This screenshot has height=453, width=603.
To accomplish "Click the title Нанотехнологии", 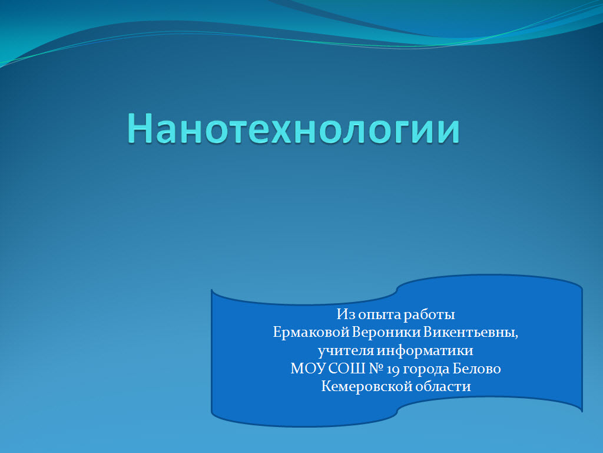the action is coord(293,129).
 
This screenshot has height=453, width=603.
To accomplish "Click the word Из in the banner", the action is coord(345,314).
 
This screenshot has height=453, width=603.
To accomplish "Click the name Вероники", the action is coord(386,332).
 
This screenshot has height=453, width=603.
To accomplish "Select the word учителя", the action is coord(346,351).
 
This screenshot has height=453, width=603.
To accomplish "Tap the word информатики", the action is coord(425,350).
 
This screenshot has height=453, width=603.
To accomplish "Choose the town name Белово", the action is coord(476,369).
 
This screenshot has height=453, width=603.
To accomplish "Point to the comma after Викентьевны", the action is coord(516,337).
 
